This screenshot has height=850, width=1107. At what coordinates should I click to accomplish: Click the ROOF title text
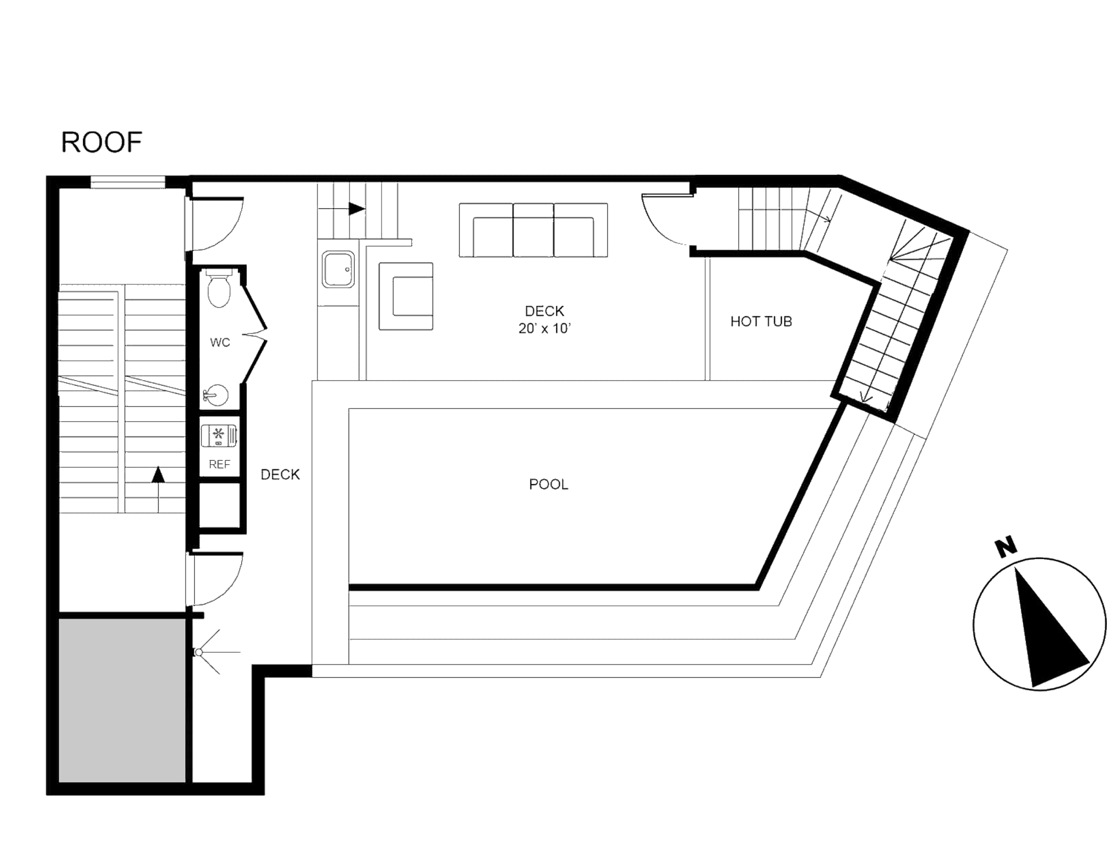[x=101, y=142]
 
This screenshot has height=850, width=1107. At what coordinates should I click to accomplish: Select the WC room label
[x=220, y=343]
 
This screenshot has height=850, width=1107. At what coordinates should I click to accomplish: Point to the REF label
[x=219, y=464]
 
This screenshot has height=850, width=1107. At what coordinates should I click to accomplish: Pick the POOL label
[x=548, y=484]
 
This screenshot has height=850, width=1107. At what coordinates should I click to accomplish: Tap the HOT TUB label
[x=761, y=321]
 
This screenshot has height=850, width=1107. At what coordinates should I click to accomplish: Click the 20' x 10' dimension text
[x=544, y=328]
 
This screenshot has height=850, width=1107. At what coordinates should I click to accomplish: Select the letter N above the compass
[x=1006, y=546]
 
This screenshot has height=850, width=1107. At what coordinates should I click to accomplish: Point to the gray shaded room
[x=122, y=699]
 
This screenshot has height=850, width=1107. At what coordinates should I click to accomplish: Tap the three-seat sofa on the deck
[x=533, y=230]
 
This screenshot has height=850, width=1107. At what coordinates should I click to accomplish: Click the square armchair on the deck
[x=406, y=296]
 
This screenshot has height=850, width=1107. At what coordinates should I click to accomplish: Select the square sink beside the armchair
[x=338, y=269]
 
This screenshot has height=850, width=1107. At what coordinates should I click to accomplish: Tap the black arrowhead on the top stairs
[x=357, y=209]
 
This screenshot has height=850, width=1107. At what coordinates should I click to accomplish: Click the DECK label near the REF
[x=280, y=475]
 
